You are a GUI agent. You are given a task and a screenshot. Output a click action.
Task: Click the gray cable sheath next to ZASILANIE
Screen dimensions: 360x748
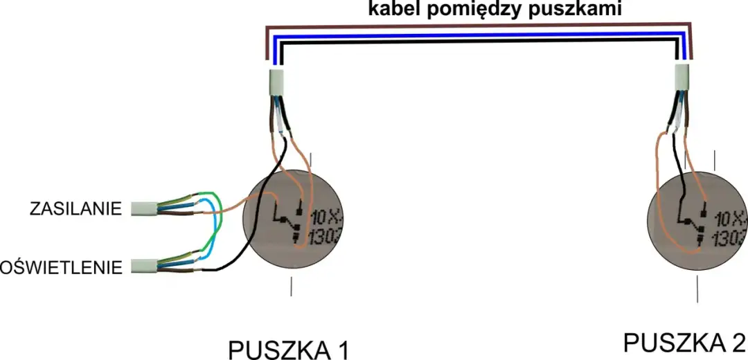[144, 208]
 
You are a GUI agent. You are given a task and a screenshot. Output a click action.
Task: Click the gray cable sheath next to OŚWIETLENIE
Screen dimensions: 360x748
[144, 265]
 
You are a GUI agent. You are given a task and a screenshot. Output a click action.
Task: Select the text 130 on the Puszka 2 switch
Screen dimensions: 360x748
[728, 238]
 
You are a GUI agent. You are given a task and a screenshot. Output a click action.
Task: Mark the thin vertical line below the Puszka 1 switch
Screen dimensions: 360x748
[291, 286]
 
